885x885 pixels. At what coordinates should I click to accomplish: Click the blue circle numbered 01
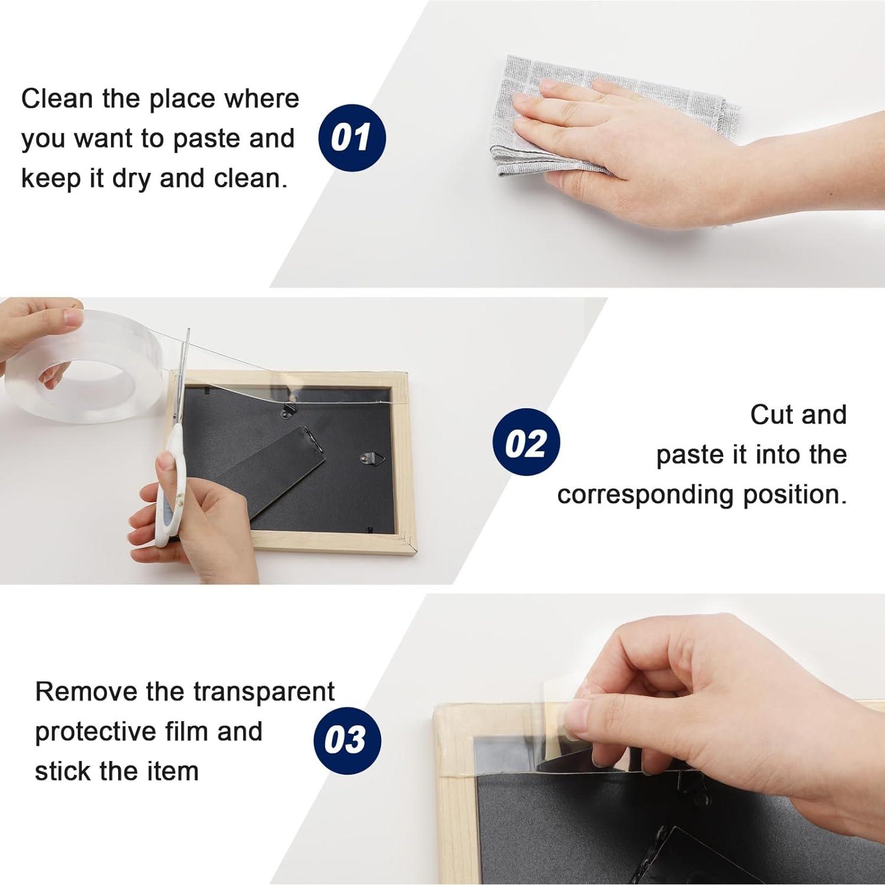(352, 137)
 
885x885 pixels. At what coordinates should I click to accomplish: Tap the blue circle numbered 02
(526, 442)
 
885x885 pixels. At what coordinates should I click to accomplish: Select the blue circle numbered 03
(347, 740)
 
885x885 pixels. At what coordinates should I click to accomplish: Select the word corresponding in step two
(645, 495)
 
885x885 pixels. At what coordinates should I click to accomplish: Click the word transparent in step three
(264, 693)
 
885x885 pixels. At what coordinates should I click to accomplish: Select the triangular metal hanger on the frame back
(372, 458)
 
